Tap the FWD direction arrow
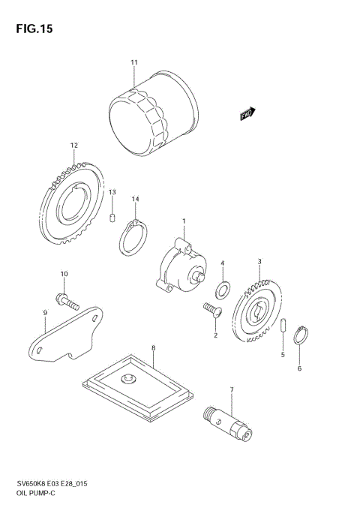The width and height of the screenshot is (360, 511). [x=248, y=113]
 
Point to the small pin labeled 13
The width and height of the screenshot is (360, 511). [x=112, y=218]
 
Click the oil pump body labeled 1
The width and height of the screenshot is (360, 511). [x=180, y=267]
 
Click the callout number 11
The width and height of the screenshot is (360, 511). [x=134, y=62]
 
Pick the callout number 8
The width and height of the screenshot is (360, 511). [x=153, y=348]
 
